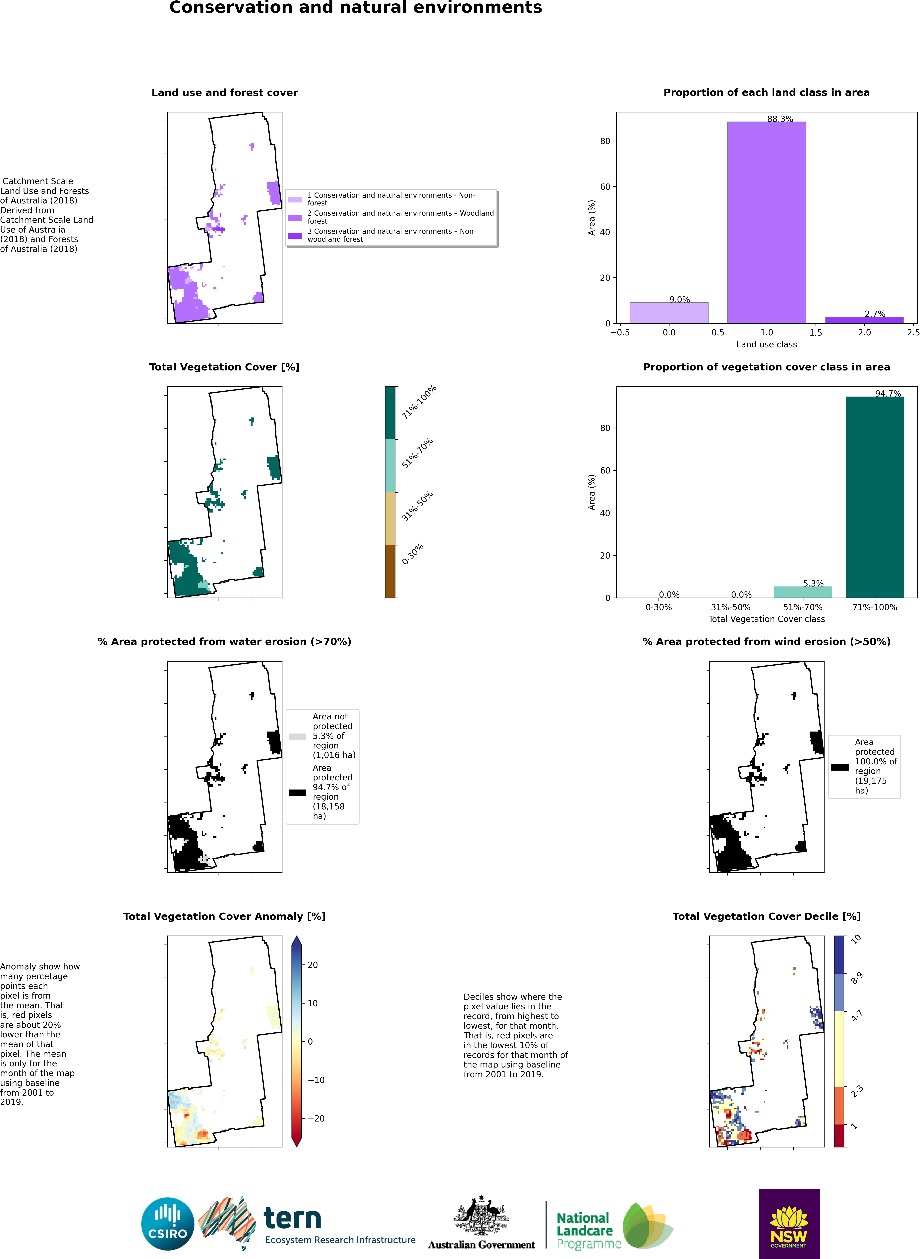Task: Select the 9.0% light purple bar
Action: pyautogui.click(x=669, y=313)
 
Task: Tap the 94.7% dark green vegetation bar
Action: pyautogui.click(x=875, y=497)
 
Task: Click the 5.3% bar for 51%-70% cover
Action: pyautogui.click(x=802, y=592)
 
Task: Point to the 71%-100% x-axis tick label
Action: pyautogui.click(x=875, y=608)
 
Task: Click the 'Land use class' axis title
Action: pyautogui.click(x=766, y=345)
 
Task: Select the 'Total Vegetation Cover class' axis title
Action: pyautogui.click(x=766, y=619)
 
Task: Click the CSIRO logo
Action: pyautogui.click(x=168, y=1224)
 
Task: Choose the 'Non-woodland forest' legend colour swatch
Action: pyautogui.click(x=295, y=236)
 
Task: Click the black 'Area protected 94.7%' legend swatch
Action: pyautogui.click(x=297, y=792)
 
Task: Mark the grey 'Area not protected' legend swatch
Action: pyautogui.click(x=297, y=737)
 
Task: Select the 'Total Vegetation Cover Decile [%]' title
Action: pyautogui.click(x=766, y=916)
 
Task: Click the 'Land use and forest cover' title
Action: pyautogui.click(x=224, y=92)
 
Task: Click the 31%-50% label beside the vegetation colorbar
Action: pyautogui.click(x=417, y=506)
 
